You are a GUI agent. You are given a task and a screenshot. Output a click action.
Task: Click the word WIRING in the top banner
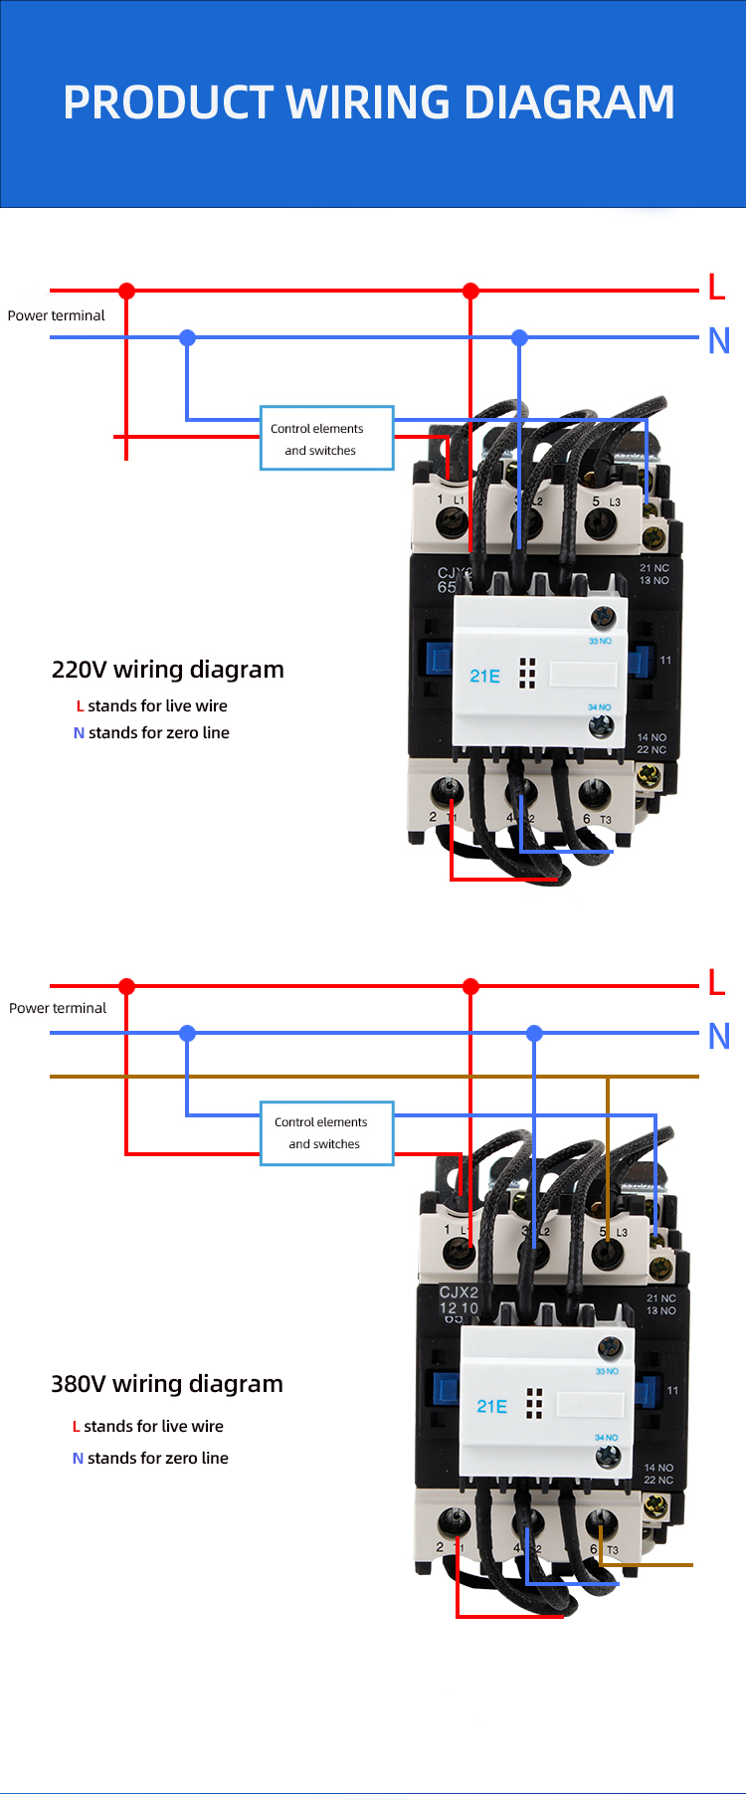369,102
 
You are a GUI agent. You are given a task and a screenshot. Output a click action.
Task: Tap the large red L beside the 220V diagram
716,288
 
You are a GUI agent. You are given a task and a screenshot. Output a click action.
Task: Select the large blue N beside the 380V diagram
719,1036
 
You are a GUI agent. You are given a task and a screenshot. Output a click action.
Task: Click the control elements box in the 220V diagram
327,438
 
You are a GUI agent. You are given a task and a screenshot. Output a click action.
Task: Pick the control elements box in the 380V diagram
327,1132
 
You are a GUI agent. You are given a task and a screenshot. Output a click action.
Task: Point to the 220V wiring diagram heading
168,670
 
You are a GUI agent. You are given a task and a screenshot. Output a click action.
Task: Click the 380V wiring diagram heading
167,1384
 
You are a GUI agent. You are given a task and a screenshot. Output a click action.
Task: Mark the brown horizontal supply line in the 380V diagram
298,1077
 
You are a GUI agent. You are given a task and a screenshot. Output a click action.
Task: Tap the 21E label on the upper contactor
485,677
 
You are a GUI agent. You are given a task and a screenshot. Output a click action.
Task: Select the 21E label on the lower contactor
492,1406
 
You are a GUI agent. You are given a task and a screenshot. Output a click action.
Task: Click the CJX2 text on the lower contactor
459,1293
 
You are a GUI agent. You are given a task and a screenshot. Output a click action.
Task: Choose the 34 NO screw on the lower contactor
608,1457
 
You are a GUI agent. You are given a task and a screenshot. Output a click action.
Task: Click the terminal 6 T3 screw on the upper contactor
595,793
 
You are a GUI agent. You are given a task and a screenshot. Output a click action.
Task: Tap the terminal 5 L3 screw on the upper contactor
601,520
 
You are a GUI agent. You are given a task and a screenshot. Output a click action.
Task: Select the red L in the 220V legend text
80,706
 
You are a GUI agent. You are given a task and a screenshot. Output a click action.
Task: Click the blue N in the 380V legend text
78,1459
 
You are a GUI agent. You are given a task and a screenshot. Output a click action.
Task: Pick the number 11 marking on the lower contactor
673,1390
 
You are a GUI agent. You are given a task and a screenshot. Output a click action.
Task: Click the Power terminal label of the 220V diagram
56,315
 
